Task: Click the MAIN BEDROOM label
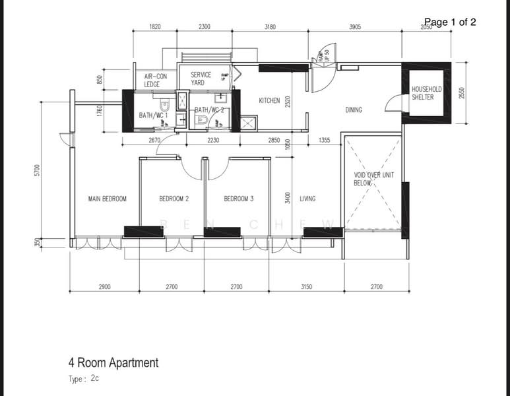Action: [x=107, y=199]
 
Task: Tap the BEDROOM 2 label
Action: [x=174, y=199]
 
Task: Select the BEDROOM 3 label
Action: [x=239, y=199]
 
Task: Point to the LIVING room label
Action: [x=307, y=199]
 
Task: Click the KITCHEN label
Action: [x=269, y=101]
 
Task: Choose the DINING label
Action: [x=354, y=110]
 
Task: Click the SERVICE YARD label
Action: [x=201, y=79]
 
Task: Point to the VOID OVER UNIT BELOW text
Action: [x=373, y=179]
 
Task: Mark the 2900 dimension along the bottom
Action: [x=104, y=287]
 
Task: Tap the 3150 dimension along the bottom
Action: [x=307, y=287]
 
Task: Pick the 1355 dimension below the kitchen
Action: [x=325, y=140]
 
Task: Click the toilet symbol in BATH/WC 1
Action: [x=165, y=106]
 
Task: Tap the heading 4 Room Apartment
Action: [x=113, y=362]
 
